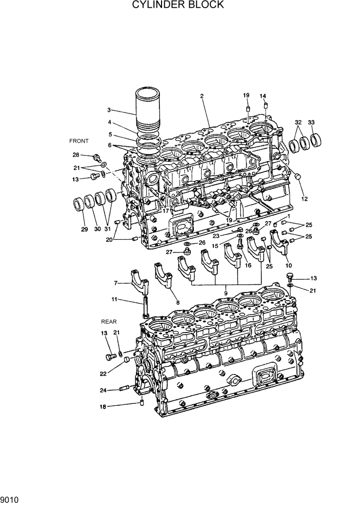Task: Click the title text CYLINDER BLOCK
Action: (x=178, y=5)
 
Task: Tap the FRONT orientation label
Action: (x=79, y=141)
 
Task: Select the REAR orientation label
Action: (x=109, y=322)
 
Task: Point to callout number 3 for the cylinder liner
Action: (x=109, y=110)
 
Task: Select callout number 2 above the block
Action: (x=202, y=96)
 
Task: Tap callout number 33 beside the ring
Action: (x=311, y=122)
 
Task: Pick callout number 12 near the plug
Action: (x=304, y=199)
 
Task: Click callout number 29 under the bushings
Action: (x=85, y=229)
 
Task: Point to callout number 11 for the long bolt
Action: (x=115, y=299)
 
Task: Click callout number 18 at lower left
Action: (x=103, y=406)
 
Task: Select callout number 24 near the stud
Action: (x=103, y=390)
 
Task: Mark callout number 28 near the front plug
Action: (x=75, y=155)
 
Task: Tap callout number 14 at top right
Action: (x=263, y=96)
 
